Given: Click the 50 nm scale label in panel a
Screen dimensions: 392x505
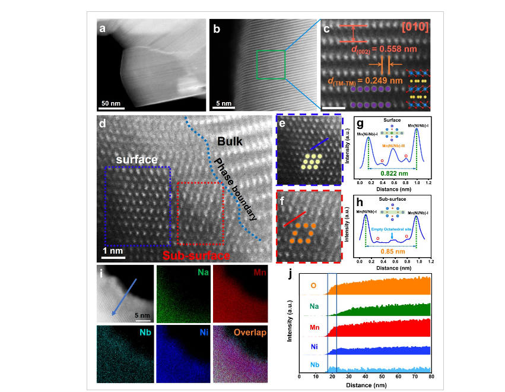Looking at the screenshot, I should pyautogui.click(x=113, y=103).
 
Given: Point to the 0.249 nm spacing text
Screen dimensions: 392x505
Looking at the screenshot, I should pyautogui.click(x=365, y=80).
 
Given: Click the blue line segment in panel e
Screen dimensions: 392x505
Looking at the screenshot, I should pyautogui.click(x=317, y=146).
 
